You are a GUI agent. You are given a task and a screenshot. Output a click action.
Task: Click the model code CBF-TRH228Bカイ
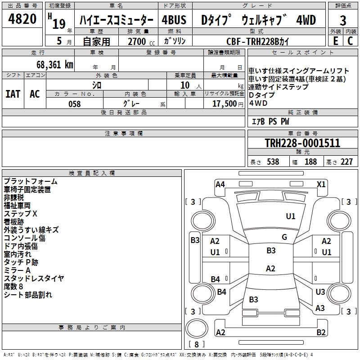point(258,41)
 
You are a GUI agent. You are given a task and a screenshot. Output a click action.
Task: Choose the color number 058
point(74,103)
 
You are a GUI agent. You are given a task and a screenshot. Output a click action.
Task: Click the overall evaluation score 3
point(343,20)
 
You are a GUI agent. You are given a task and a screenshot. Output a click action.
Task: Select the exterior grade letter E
point(335,41)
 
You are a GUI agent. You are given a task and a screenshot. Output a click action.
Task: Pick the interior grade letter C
point(350,41)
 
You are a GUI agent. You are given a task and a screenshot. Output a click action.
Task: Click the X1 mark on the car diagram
point(321,184)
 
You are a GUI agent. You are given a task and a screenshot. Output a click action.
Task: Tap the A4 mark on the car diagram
point(220,184)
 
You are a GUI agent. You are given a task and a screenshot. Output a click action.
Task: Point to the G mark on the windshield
point(284,237)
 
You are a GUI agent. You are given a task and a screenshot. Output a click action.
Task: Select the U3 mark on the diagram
point(320,292)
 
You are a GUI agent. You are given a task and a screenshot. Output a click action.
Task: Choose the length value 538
point(271,162)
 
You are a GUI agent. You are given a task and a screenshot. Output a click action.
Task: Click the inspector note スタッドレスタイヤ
point(34,278)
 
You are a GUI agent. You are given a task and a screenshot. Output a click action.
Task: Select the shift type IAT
point(13,94)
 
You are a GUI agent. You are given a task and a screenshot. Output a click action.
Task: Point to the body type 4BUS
point(173,20)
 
